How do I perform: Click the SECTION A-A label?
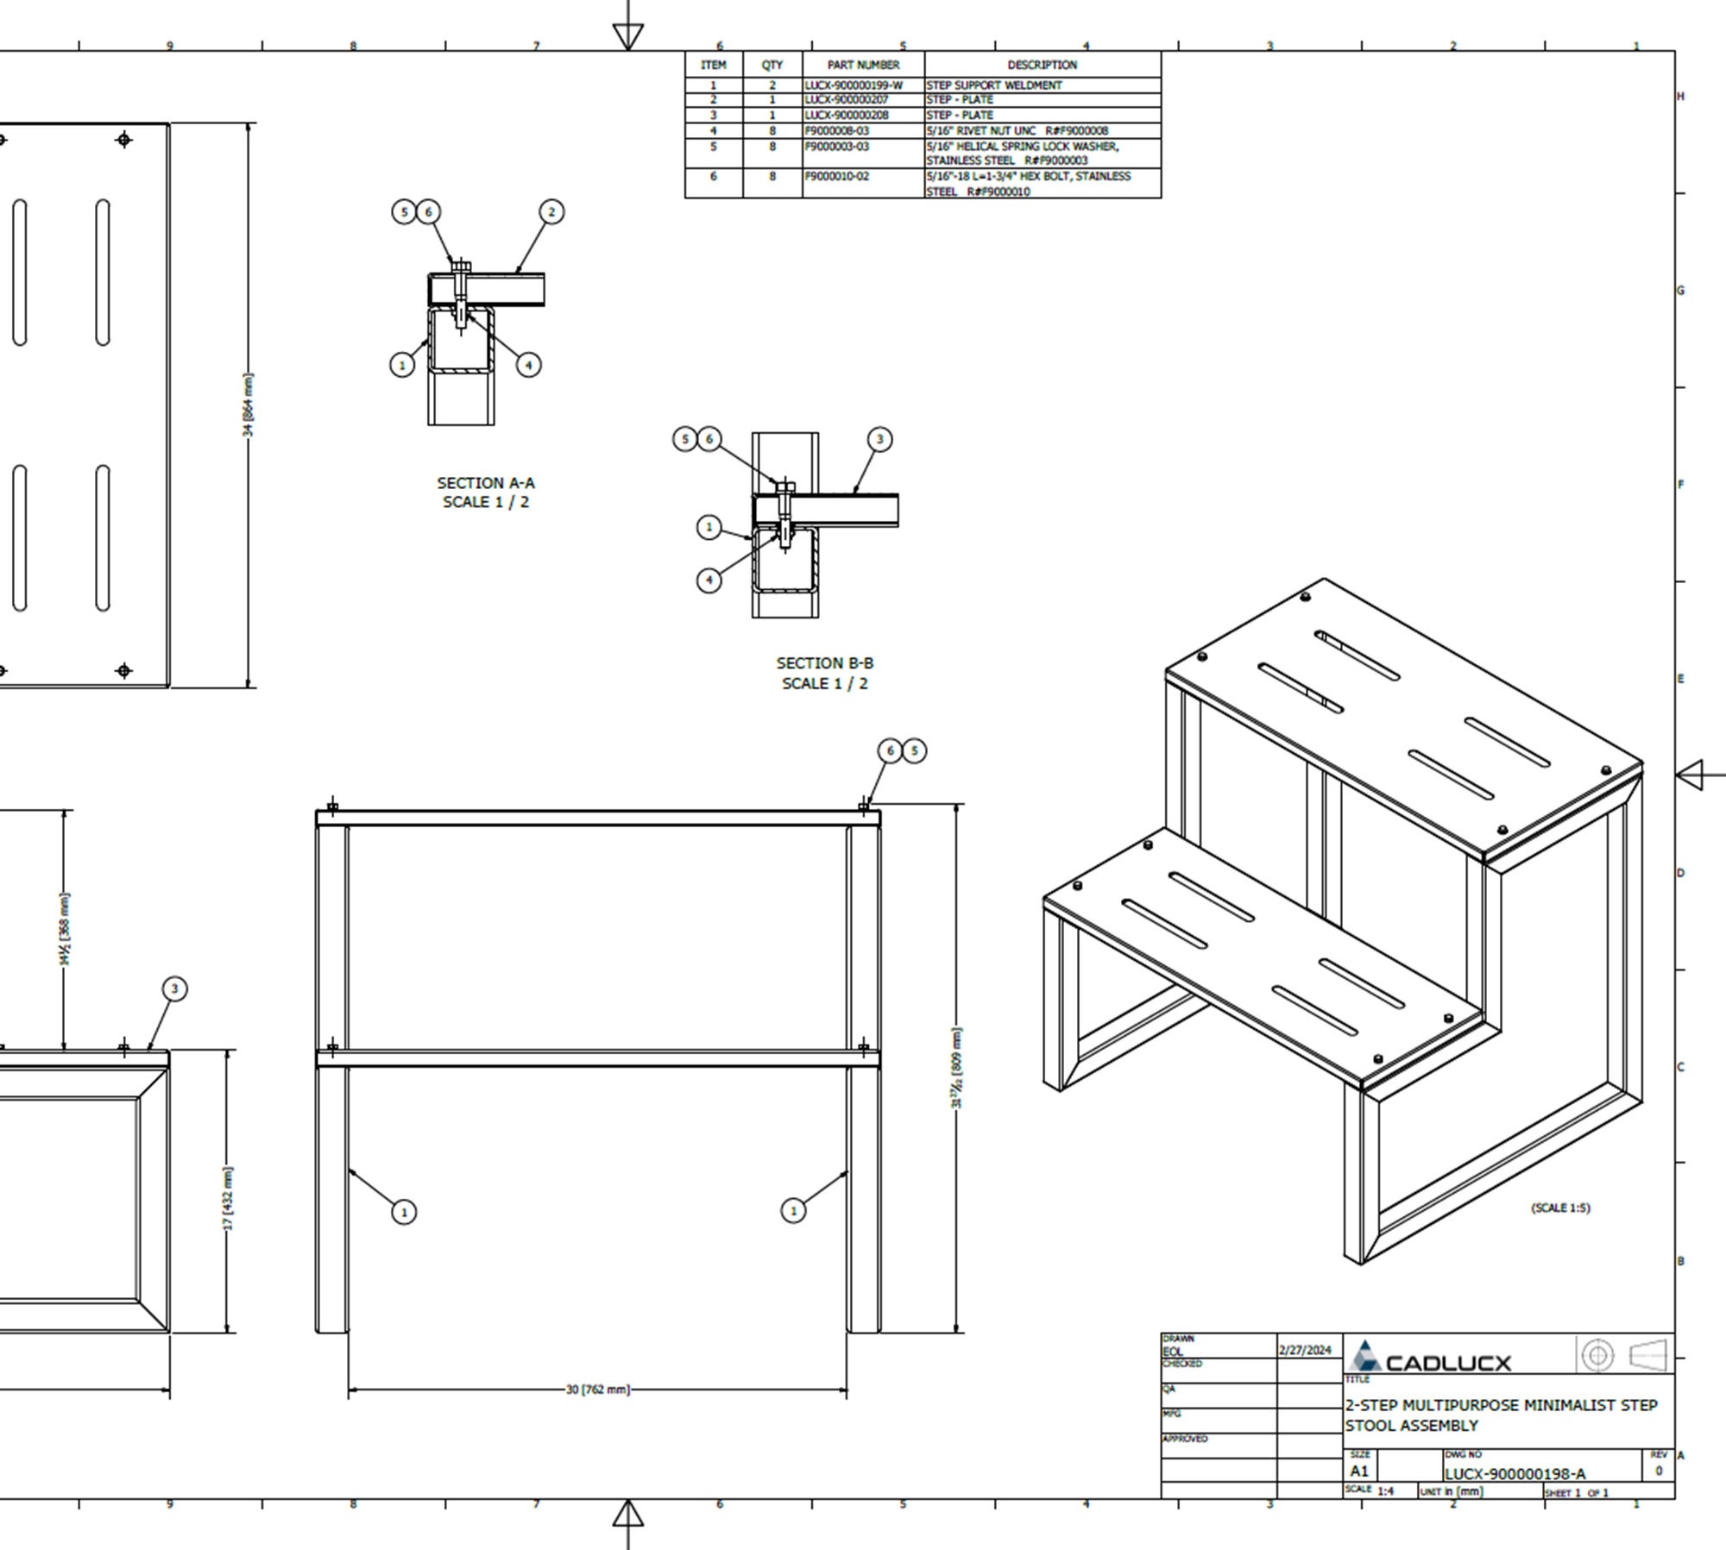click(x=485, y=493)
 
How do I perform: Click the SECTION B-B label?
click(x=824, y=673)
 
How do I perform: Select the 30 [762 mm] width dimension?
click(x=597, y=1390)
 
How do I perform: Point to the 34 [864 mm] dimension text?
click(x=249, y=405)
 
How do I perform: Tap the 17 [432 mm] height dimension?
click(x=228, y=1198)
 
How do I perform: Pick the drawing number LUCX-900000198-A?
click(x=1515, y=1474)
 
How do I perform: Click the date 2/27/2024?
click(x=1305, y=1350)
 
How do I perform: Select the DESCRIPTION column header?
click(x=1042, y=65)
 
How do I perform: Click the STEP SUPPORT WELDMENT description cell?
click(x=994, y=85)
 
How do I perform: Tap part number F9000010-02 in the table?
click(x=836, y=177)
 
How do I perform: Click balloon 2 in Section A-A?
click(x=552, y=212)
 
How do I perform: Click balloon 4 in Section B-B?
click(x=709, y=580)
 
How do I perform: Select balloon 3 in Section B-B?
click(x=879, y=440)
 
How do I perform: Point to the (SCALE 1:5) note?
click(x=1560, y=1208)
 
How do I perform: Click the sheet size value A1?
click(x=1359, y=1472)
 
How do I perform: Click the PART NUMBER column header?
click(x=863, y=65)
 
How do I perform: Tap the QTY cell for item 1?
click(x=772, y=85)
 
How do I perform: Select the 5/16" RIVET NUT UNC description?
click(x=1017, y=131)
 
